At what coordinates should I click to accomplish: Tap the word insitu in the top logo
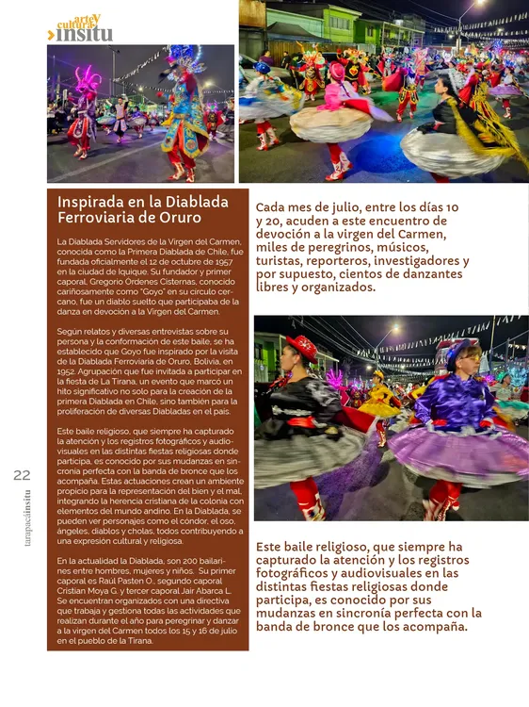[x=85, y=34]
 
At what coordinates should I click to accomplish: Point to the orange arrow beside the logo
[x=51, y=35]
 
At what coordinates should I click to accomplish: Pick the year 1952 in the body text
[x=64, y=372]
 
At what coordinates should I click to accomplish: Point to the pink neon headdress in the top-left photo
[x=88, y=81]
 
